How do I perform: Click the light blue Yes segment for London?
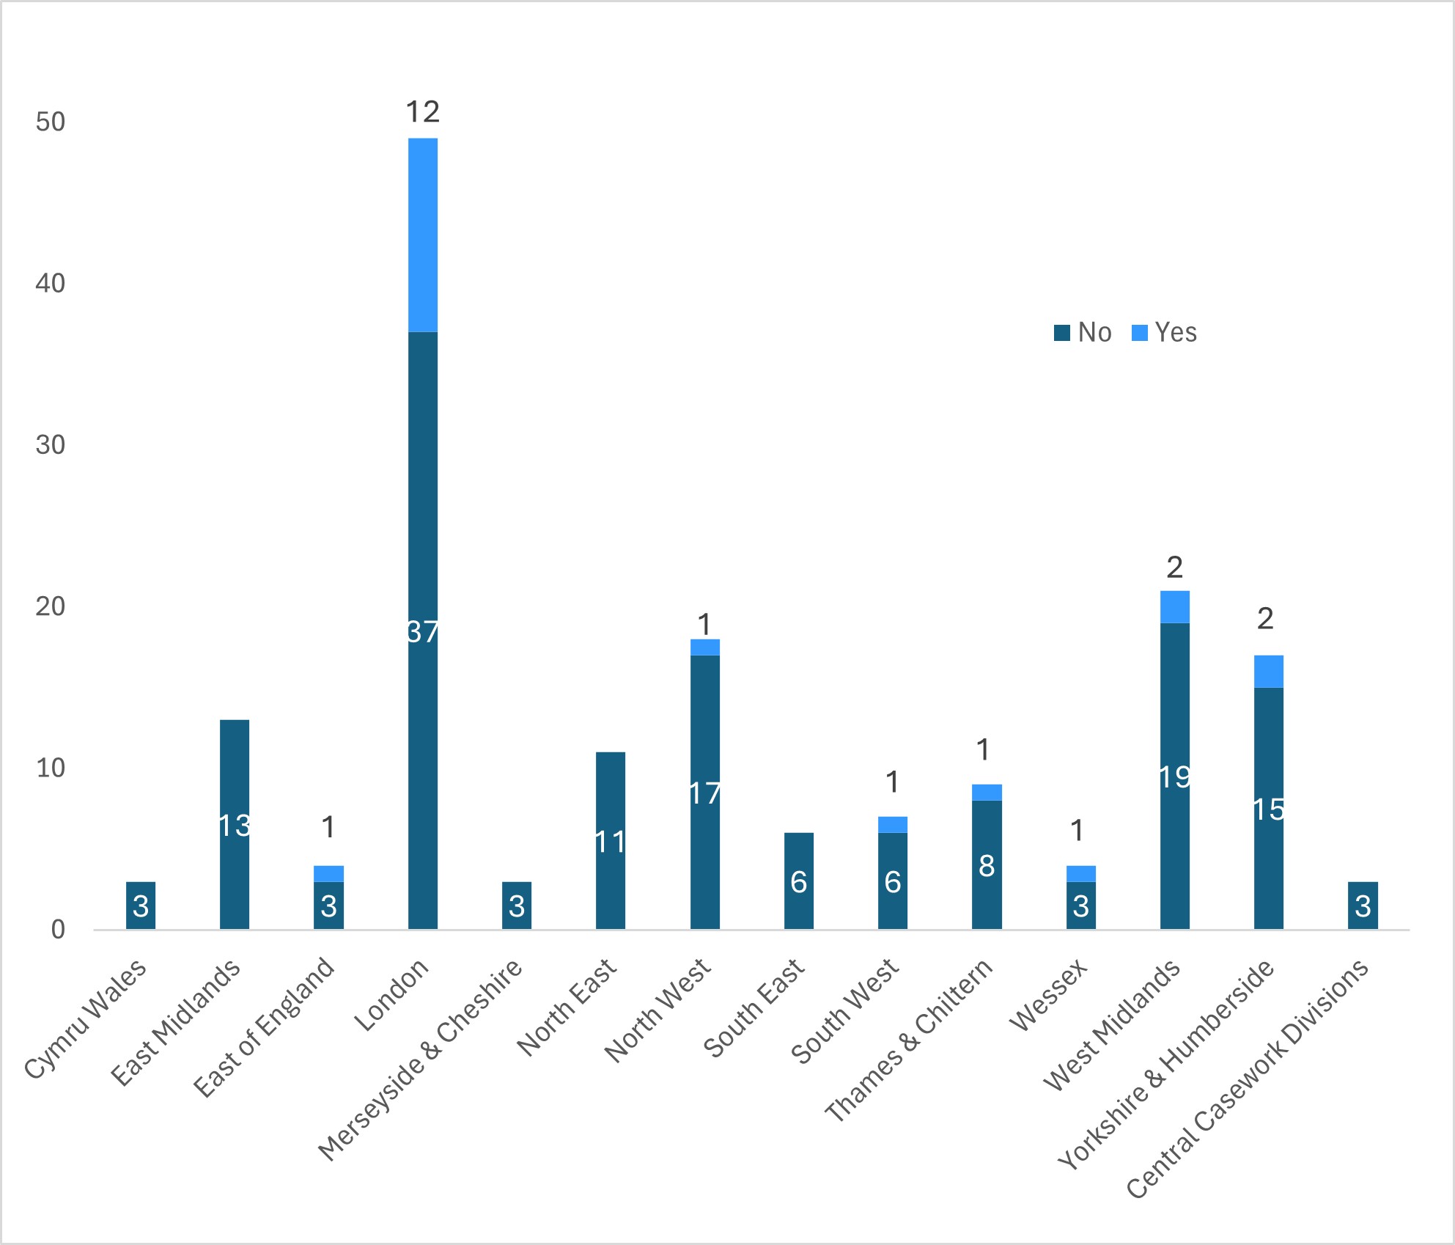point(423,235)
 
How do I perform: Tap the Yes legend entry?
point(1165,333)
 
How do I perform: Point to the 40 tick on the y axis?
point(50,283)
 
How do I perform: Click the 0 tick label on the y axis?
point(58,930)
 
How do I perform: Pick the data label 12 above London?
point(423,112)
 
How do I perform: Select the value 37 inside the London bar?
point(423,631)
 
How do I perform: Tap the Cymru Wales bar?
point(141,906)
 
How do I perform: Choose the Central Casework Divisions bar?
point(1363,906)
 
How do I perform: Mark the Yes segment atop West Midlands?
point(1175,607)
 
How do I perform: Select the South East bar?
point(799,881)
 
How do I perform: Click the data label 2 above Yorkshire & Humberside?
point(1265,620)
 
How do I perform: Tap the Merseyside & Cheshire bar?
point(517,906)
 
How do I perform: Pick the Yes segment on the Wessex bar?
point(1081,873)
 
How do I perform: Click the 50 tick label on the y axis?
point(50,122)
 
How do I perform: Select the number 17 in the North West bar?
point(705,793)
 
